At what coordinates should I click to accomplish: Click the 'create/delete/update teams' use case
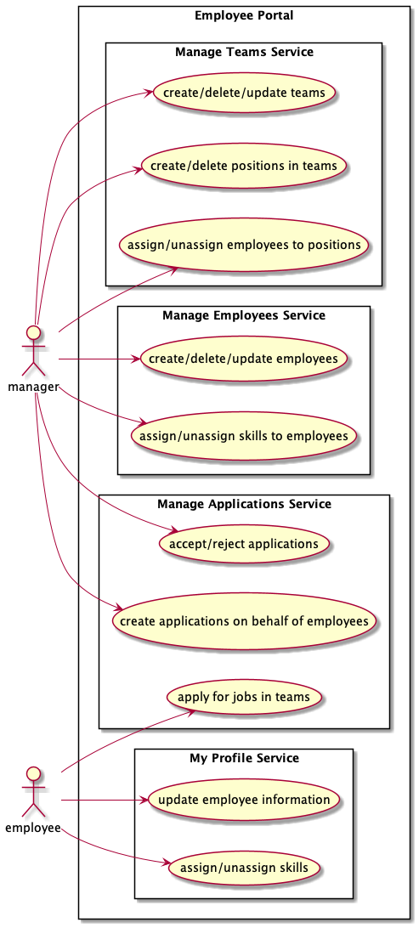click(244, 93)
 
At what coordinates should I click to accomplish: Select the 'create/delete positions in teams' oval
click(244, 166)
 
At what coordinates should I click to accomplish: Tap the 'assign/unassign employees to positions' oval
click(244, 245)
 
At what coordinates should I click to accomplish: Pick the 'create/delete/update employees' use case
click(243, 358)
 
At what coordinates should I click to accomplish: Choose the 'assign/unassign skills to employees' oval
click(243, 436)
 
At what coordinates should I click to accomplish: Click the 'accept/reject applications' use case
click(243, 543)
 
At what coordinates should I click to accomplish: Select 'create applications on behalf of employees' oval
click(244, 621)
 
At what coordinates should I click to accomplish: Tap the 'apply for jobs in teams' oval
click(244, 697)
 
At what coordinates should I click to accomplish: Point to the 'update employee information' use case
click(244, 800)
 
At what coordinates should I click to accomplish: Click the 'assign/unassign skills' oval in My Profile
click(244, 868)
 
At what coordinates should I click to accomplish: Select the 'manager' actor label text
click(33, 388)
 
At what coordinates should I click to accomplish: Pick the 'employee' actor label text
click(33, 828)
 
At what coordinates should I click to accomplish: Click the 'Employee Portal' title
click(244, 16)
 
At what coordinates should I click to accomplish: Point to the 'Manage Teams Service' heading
click(244, 52)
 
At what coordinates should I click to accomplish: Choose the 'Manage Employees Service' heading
click(243, 315)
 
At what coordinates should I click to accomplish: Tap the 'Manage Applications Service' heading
click(244, 504)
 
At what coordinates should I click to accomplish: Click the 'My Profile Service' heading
click(244, 757)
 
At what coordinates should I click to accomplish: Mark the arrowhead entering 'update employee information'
click(142, 801)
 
